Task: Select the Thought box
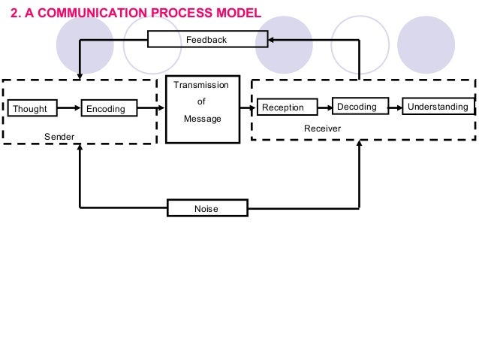coord(30,109)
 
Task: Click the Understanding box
coord(438,107)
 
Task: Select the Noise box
coord(206,208)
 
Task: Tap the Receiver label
coord(322,129)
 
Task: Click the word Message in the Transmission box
coord(202,119)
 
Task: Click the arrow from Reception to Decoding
coord(321,107)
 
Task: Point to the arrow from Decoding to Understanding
coord(396,107)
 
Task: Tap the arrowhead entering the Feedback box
coord(273,39)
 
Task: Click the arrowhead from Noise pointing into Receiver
coord(360,144)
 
